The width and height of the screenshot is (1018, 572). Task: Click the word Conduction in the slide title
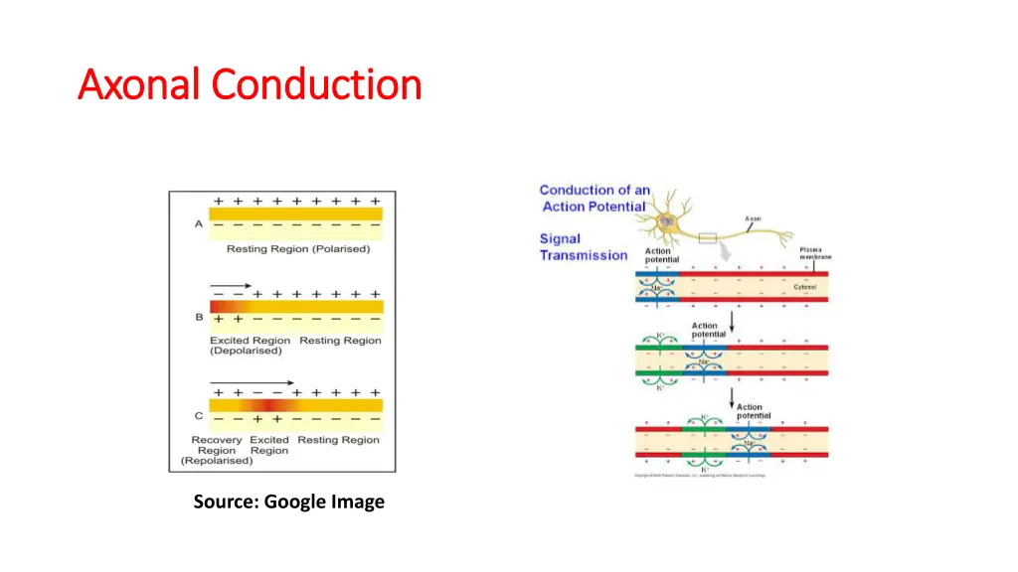click(317, 84)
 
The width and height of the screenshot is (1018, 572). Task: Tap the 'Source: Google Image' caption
click(288, 502)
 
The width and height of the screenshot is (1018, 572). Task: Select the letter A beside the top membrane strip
click(198, 223)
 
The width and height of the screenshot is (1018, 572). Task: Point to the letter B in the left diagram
click(199, 318)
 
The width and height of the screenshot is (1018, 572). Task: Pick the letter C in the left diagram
click(199, 416)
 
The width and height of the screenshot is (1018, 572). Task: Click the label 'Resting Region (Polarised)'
click(297, 249)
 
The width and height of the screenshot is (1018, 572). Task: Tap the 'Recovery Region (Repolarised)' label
click(215, 450)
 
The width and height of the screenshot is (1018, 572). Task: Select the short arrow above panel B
click(230, 286)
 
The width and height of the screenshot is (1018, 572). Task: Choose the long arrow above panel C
click(252, 382)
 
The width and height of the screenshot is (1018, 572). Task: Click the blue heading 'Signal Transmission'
click(583, 247)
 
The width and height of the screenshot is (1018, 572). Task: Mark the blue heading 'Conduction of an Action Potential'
click(594, 198)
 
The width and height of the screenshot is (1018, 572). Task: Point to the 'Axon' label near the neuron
click(754, 218)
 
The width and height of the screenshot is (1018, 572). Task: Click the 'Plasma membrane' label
click(814, 253)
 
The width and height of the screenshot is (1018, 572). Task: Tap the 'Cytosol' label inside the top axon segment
click(804, 287)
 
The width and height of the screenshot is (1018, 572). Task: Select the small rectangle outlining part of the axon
click(710, 237)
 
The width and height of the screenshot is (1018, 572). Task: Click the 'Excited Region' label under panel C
click(269, 445)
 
